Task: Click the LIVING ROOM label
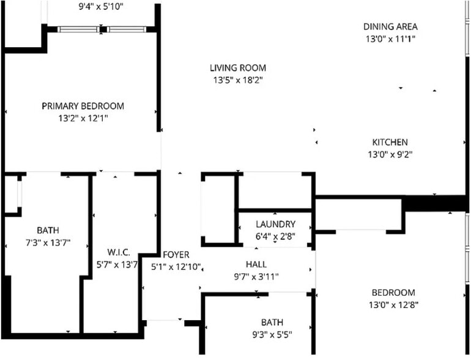click(238, 68)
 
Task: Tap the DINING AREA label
click(390, 26)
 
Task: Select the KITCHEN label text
click(390, 142)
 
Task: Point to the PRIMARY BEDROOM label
click(83, 106)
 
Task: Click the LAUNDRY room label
click(275, 224)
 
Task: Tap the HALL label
click(256, 264)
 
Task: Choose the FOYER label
click(176, 254)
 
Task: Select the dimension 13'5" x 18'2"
click(238, 80)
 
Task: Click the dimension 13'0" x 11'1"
click(390, 39)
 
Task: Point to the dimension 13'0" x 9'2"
click(390, 154)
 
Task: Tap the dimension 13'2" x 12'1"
click(83, 118)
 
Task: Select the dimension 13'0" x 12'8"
click(393, 305)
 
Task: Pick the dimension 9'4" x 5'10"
click(101, 7)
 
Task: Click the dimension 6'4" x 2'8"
click(275, 236)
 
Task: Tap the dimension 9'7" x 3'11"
click(256, 276)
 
